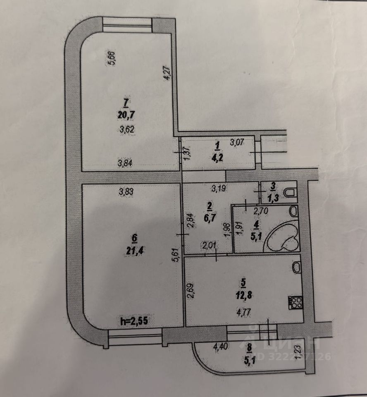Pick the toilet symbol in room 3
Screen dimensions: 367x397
pos(291,192)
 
